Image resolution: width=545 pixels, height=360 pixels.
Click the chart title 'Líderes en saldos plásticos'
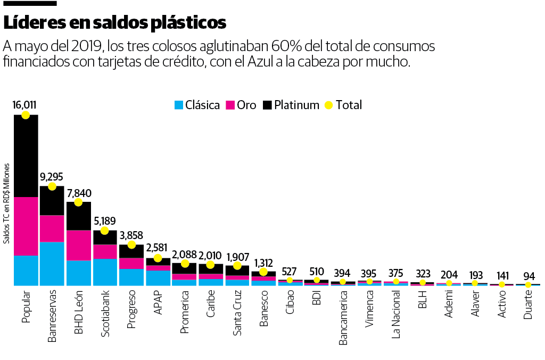(115, 22)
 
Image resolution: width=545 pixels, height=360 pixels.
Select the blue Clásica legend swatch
(179, 105)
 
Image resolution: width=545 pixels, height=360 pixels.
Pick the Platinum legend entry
(291, 105)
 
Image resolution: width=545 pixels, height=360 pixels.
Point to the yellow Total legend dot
(328, 105)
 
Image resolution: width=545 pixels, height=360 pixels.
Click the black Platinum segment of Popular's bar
(26, 156)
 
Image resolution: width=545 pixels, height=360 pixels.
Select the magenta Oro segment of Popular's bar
(26, 226)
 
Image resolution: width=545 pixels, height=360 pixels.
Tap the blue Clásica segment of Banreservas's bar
(52, 264)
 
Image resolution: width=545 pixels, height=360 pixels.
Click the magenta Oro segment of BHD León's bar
(78, 245)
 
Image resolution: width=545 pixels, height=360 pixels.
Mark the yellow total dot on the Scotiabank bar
(105, 231)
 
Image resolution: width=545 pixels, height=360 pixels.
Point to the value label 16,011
(24, 104)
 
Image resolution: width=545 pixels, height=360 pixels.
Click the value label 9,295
(52, 176)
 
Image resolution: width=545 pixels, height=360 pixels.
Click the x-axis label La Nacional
(395, 315)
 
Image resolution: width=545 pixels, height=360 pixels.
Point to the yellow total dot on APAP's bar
(158, 258)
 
